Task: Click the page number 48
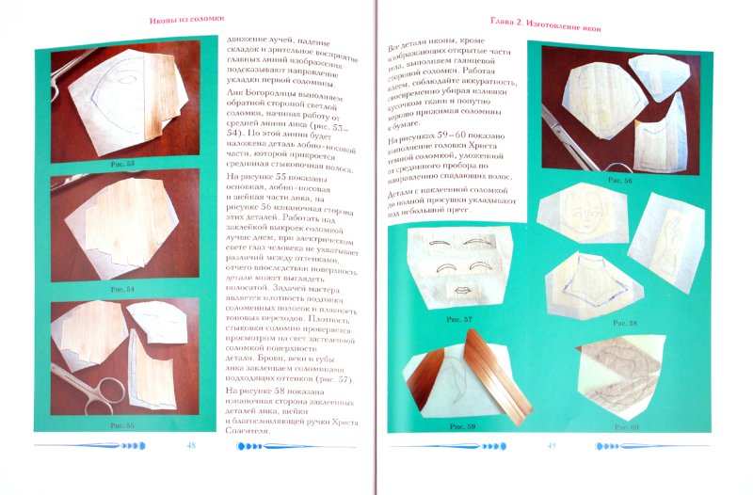click(191, 445)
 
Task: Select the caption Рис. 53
click(122, 163)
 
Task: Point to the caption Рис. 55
click(122, 425)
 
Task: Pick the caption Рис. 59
click(464, 426)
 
